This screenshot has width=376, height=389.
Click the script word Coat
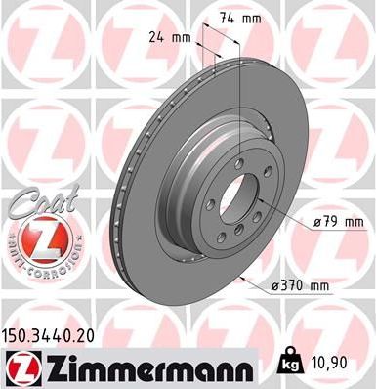[x=37, y=203]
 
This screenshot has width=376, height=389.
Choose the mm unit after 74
[x=253, y=18]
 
